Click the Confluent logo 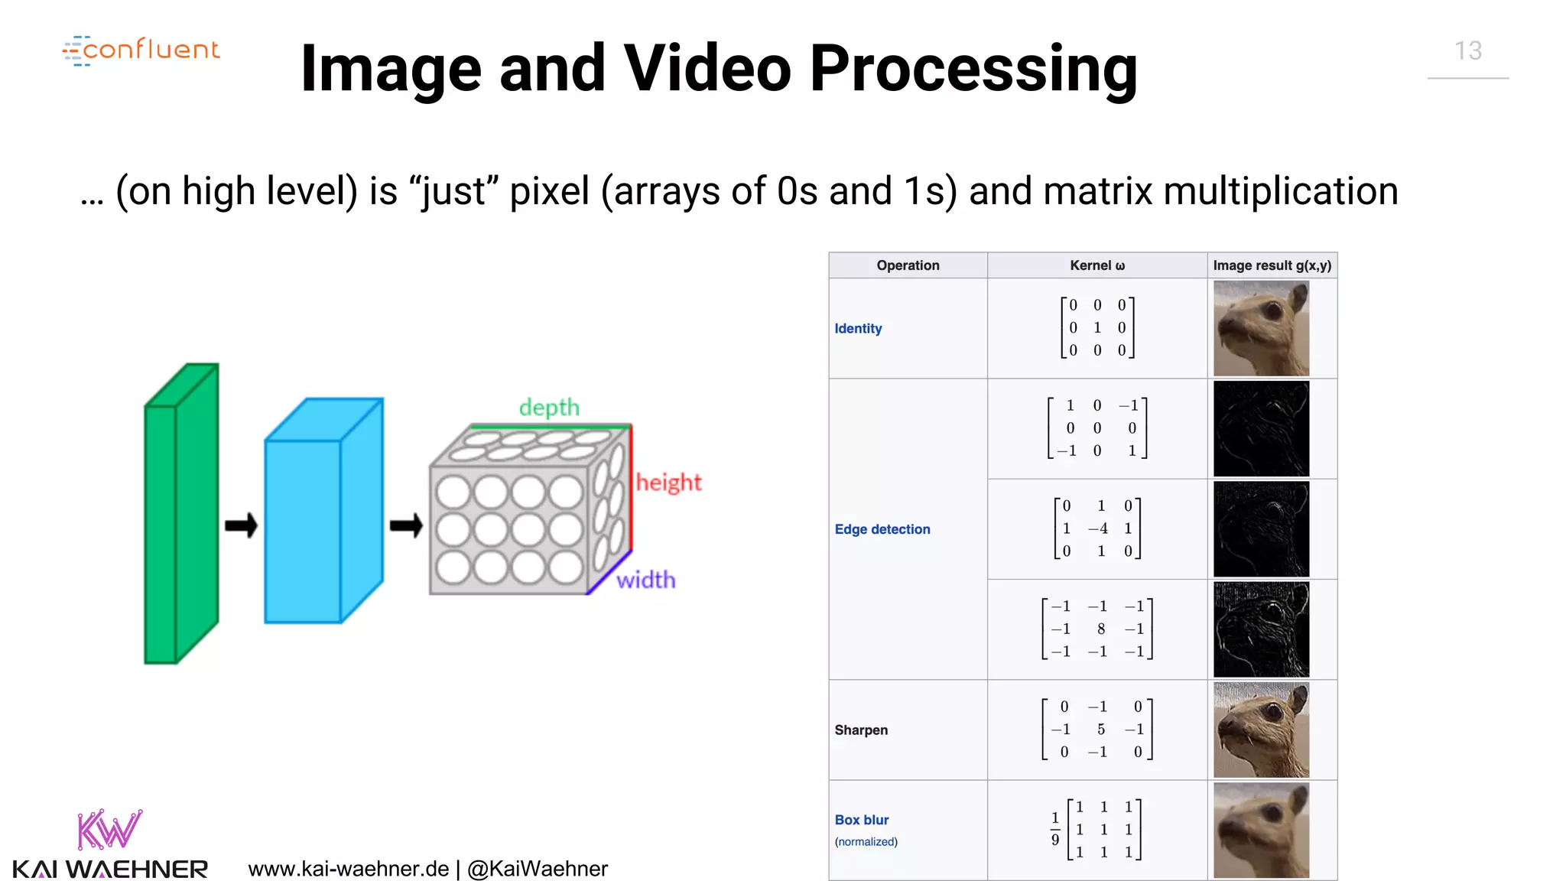[x=141, y=50]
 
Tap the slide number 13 [x=1467, y=51]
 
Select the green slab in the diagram [x=180, y=514]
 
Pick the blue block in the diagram [x=323, y=511]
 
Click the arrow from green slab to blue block [x=241, y=525]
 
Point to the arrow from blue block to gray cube [x=406, y=525]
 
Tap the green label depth [x=549, y=408]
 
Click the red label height [x=668, y=483]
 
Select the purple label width [x=646, y=580]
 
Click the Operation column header [x=908, y=265]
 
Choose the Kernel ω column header [x=1097, y=265]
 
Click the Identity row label [x=858, y=328]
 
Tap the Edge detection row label [x=882, y=529]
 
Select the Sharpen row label [x=861, y=730]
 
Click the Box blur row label [x=862, y=820]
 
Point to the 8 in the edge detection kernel [x=1100, y=629]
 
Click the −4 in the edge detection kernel [x=1098, y=528]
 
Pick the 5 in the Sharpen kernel [x=1100, y=730]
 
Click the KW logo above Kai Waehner [x=109, y=830]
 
